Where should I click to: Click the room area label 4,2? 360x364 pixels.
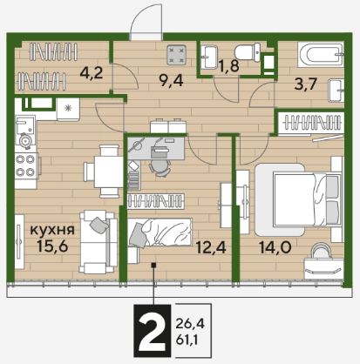click(x=92, y=73)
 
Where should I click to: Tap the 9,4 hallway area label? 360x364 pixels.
click(x=172, y=80)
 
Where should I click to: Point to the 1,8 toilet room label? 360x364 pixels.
click(x=229, y=66)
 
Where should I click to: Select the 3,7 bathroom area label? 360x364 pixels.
click(x=305, y=84)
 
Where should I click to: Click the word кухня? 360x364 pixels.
click(x=52, y=230)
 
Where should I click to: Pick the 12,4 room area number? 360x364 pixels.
click(x=211, y=247)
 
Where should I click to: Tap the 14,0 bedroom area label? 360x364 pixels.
click(x=275, y=247)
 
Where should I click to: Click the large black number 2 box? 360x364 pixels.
click(x=152, y=331)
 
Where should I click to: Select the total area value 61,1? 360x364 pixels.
click(x=187, y=340)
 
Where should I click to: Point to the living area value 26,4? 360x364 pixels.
click(x=190, y=323)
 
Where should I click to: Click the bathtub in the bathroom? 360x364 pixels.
click(x=321, y=54)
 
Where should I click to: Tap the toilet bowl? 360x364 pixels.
click(x=248, y=52)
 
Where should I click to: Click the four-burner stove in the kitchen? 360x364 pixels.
click(x=25, y=166)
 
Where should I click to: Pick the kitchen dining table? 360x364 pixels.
click(x=109, y=172)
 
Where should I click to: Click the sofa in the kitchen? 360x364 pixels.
click(x=98, y=242)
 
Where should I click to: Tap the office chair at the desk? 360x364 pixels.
click(x=160, y=168)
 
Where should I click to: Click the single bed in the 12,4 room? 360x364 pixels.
click(x=160, y=233)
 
